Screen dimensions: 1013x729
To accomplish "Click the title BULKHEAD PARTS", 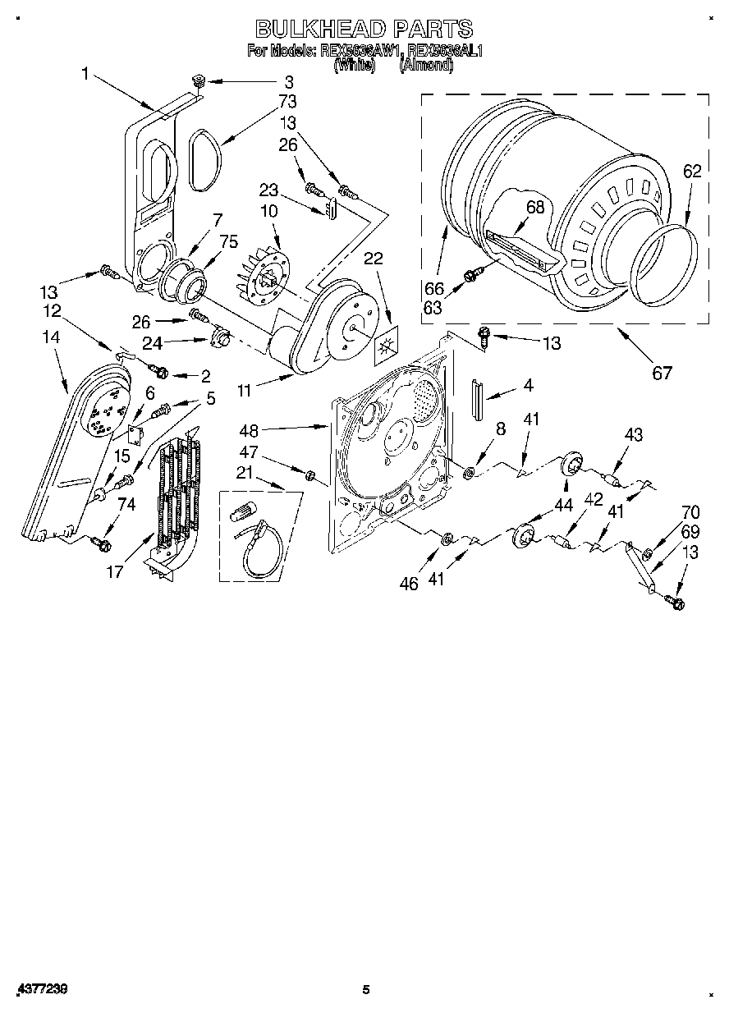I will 364,29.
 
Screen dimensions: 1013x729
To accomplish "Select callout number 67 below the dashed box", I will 662,373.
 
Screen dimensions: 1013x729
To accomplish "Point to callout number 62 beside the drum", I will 692,171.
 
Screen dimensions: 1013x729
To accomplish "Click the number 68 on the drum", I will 535,208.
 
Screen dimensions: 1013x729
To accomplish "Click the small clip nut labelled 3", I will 196,80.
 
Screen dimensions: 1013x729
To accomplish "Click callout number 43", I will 634,434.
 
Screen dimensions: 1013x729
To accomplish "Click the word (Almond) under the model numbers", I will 426,66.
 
